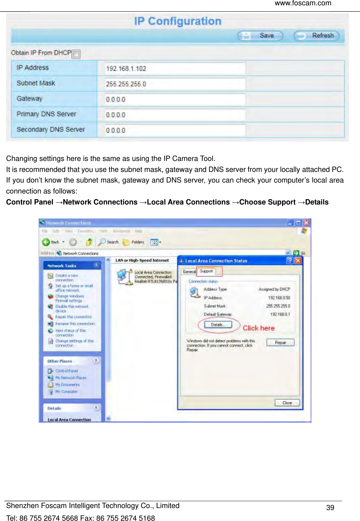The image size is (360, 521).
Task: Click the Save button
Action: point(260,36)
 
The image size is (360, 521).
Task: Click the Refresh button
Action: point(316,36)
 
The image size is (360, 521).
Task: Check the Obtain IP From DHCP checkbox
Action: point(76,54)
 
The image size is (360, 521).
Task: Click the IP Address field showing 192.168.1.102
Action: point(175,68)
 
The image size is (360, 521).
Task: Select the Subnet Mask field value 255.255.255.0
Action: point(175,84)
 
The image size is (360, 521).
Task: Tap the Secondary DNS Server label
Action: point(51,129)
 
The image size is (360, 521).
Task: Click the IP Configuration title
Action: point(178,21)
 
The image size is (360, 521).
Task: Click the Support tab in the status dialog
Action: point(206,271)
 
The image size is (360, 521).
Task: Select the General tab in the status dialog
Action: point(189,272)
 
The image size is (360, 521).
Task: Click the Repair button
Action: point(280,342)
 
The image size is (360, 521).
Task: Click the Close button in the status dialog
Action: point(287,403)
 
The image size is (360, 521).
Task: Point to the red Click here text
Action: point(259,328)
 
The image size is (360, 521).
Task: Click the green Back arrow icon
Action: point(46,242)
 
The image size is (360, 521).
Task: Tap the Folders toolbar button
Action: point(134,242)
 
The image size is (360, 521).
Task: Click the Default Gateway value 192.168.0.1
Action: point(280,314)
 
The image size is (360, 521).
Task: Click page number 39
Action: point(330,508)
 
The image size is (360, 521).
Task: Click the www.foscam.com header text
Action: point(303,3)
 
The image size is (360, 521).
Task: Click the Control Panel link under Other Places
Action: point(66,371)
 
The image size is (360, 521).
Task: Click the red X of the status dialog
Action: point(298,261)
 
